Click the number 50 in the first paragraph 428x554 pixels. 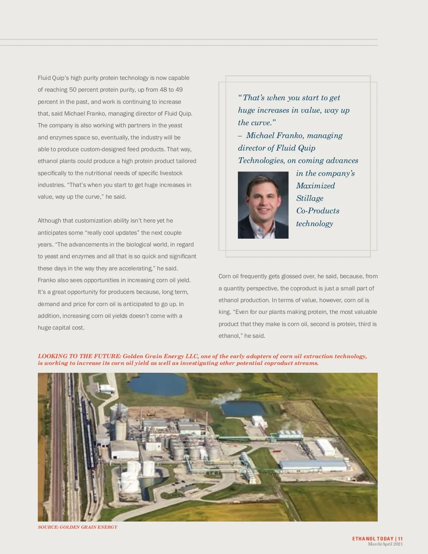[73, 90]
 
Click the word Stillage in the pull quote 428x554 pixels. [310, 198]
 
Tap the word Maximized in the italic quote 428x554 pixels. [315, 186]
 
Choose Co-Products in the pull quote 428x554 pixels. [317, 211]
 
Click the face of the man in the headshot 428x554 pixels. [264, 199]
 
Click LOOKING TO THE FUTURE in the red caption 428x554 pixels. [79, 356]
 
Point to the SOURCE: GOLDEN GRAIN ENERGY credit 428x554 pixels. [77, 527]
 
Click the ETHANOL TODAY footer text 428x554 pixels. [373, 539]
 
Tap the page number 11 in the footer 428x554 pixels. [401, 539]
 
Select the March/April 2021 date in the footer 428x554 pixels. [385, 544]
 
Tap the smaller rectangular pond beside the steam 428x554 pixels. [243, 408]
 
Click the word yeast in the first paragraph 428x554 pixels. [175, 126]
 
